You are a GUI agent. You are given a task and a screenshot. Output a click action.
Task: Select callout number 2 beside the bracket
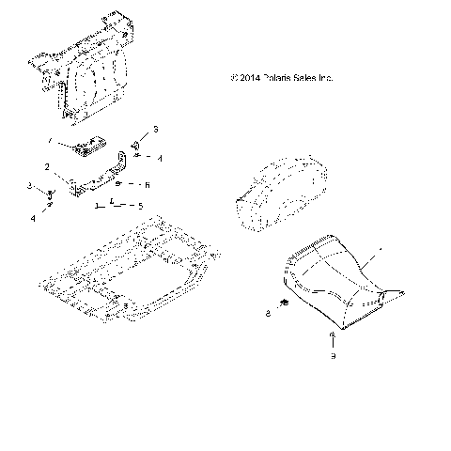(x=59, y=166)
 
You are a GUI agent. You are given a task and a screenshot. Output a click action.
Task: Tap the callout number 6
(x=147, y=185)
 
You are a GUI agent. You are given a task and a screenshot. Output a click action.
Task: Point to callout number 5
(x=140, y=205)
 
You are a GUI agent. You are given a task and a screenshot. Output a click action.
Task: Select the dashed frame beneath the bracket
(x=122, y=268)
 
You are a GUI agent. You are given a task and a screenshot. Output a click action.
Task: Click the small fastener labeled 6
(x=119, y=184)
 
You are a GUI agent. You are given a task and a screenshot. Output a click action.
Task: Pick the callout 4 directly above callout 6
(x=160, y=159)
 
